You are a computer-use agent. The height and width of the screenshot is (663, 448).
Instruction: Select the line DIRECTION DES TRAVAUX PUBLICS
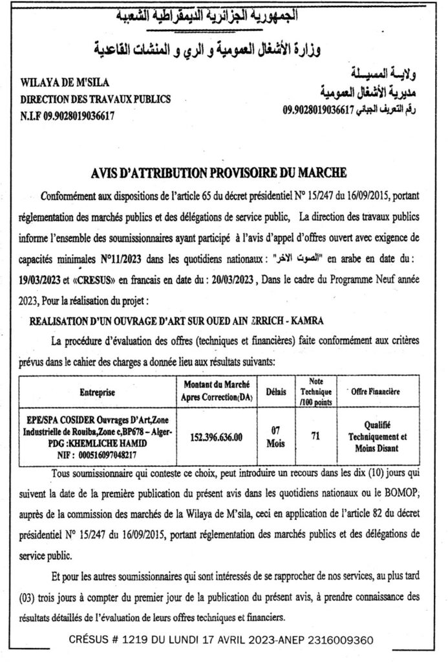tap(95, 100)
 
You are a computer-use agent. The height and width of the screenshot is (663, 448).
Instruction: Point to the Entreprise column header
tap(97, 392)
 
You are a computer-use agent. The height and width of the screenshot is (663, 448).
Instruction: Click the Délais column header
tap(275, 391)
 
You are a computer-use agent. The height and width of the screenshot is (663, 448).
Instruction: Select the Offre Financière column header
tap(375, 392)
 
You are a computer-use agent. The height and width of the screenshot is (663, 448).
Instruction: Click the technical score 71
tap(315, 437)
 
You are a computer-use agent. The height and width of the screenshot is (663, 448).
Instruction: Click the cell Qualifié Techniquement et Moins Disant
tap(376, 437)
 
